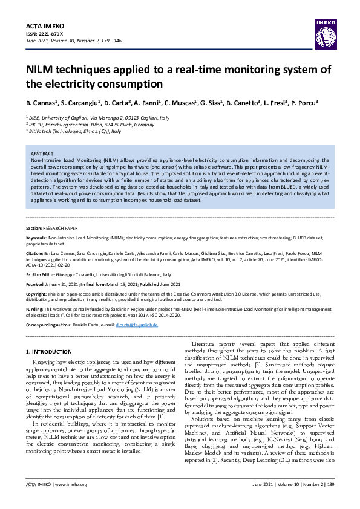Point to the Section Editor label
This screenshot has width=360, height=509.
[44, 274]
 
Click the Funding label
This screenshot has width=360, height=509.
[36, 308]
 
